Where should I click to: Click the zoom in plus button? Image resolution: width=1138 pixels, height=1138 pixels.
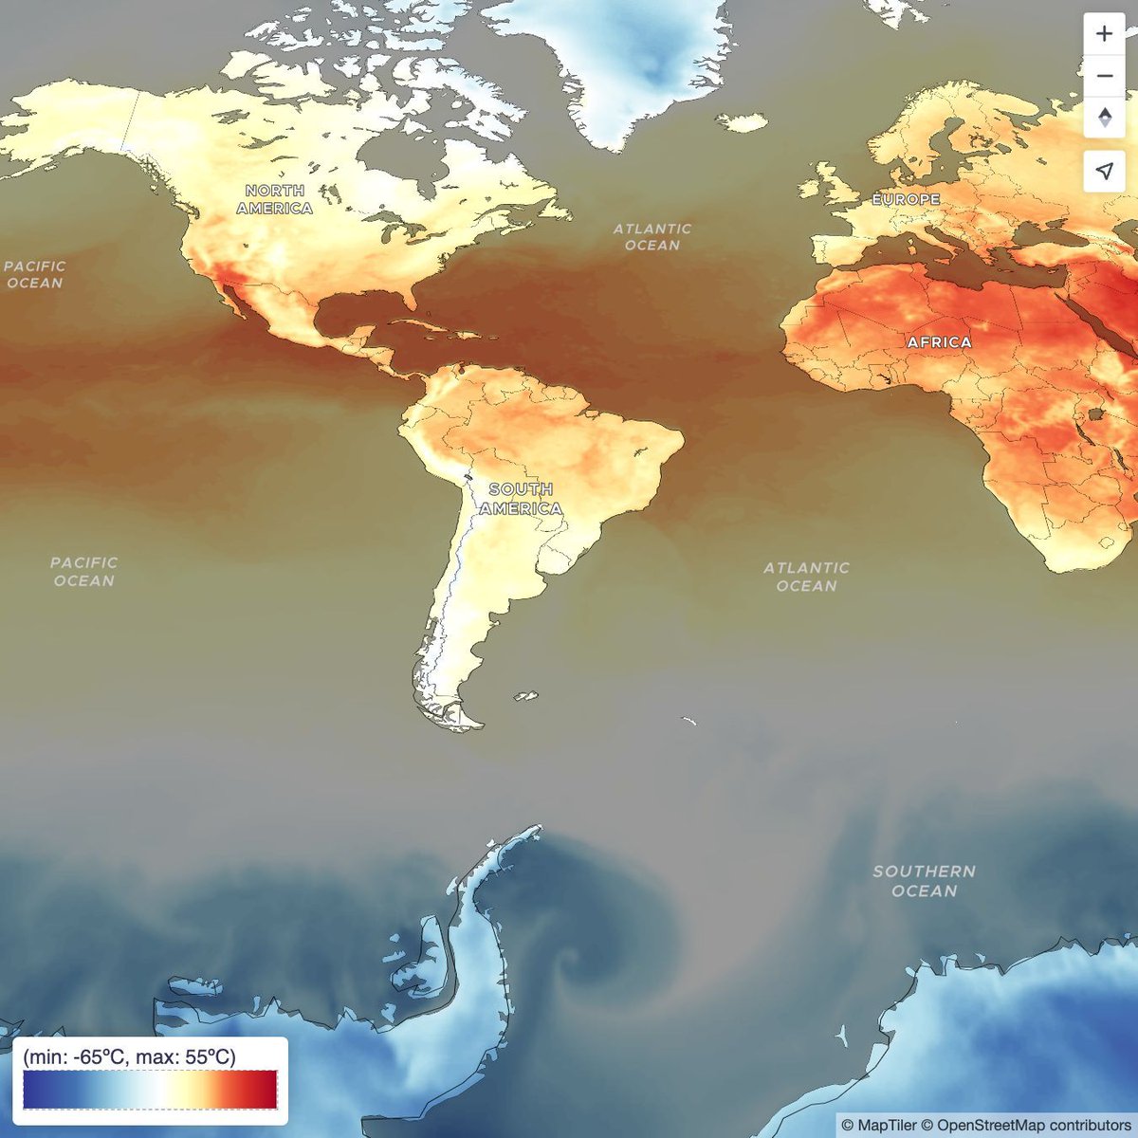[1104, 34]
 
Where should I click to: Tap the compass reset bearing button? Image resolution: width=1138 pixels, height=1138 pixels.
[1104, 119]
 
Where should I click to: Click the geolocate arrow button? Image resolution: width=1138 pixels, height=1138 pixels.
[1104, 171]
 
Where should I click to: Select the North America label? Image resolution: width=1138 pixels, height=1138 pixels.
[275, 199]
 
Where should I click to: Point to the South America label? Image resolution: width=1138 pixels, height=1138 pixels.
[521, 499]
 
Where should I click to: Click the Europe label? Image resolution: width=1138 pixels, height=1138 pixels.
[907, 199]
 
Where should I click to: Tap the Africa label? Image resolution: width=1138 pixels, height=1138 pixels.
[939, 341]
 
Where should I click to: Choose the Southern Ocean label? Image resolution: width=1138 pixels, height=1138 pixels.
[924, 881]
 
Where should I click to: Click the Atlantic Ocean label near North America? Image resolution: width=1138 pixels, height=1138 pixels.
[652, 237]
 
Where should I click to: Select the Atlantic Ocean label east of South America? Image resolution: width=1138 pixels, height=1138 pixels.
[806, 577]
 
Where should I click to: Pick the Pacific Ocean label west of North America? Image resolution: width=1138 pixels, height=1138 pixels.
[35, 275]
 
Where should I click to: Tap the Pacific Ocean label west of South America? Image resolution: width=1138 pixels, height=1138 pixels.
[83, 572]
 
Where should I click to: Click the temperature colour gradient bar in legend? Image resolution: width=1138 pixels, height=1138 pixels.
[150, 1090]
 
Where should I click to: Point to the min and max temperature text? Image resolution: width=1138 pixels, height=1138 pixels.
[129, 1056]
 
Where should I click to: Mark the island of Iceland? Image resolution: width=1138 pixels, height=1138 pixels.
[741, 122]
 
